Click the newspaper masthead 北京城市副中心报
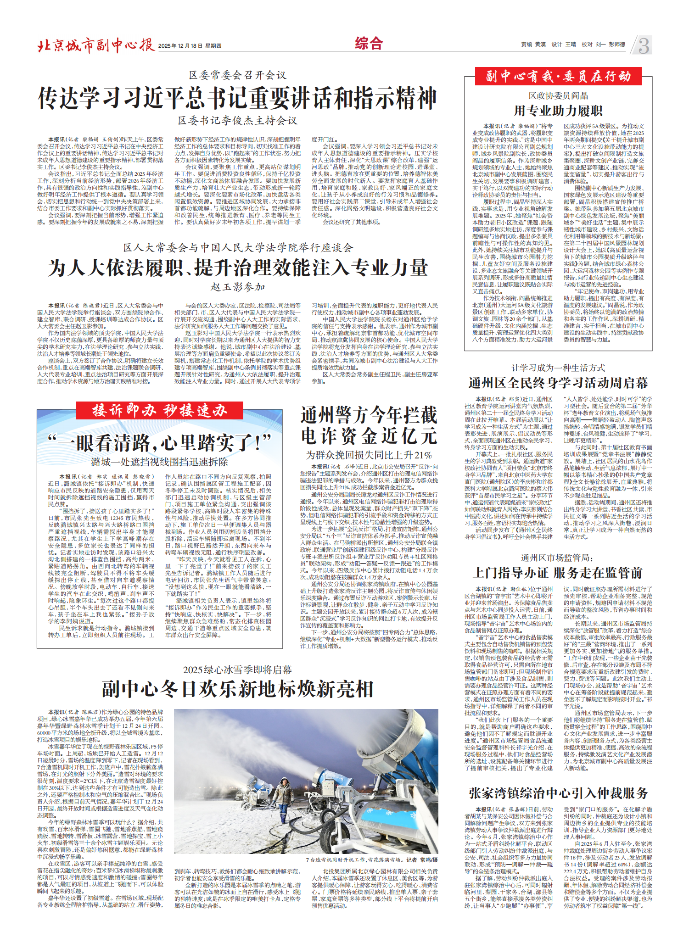tap(96, 45)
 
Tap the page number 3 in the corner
tap(644, 46)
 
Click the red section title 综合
tap(369, 44)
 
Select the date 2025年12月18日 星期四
tap(190, 46)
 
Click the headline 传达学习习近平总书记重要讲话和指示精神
tap(237, 98)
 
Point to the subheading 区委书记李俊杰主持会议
tap(237, 121)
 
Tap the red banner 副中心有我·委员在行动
tap(558, 76)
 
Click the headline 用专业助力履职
tap(558, 111)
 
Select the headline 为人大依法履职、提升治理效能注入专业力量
tap(237, 268)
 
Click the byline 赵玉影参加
tap(238, 287)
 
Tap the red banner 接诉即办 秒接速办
tap(160, 410)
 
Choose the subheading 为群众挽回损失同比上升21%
tap(369, 455)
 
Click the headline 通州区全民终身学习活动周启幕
tap(558, 383)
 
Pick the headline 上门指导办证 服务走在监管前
tap(558, 573)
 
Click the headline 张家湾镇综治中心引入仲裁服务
tap(558, 793)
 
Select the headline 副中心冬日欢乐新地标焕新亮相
tap(237, 690)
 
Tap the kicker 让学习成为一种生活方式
tap(558, 368)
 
